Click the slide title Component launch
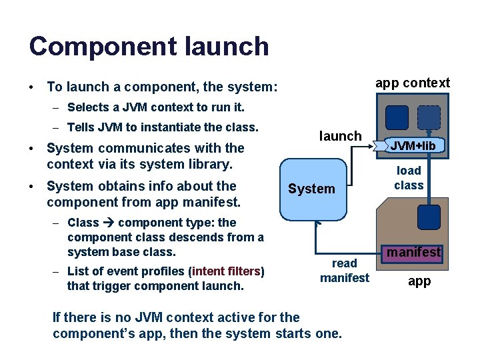click(x=149, y=46)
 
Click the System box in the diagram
click(x=311, y=189)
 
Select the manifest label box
click(x=414, y=252)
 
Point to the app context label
click(x=413, y=83)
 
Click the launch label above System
click(x=340, y=136)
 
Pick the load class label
click(x=409, y=177)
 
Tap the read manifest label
click(x=344, y=270)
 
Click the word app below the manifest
click(x=419, y=281)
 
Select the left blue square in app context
click(x=397, y=117)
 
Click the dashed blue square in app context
click(x=429, y=117)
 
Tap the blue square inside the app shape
click(x=429, y=217)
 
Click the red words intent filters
click(x=227, y=271)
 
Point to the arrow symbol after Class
click(x=108, y=223)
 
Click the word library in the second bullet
click(x=205, y=163)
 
